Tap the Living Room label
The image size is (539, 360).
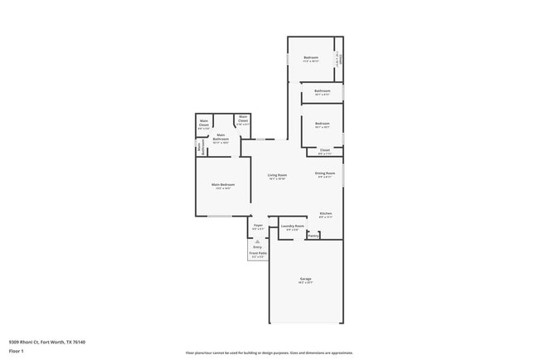pos(277,175)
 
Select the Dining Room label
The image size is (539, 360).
pos(324,173)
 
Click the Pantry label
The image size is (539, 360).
pos(313,236)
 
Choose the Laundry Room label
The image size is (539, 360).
pos(292,226)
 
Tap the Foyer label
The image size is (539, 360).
pos(258,225)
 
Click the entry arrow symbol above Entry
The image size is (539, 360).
pos(257,241)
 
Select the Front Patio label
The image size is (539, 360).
pos(258,254)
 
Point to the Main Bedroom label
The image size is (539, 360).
pos(222,184)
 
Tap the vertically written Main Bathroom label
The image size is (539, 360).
pos(200,147)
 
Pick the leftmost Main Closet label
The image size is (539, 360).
pos(203,124)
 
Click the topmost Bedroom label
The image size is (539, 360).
pos(310,57)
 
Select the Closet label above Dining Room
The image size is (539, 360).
pos(324,150)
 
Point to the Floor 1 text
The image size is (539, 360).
pos(17,351)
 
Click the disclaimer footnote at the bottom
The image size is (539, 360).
pos(269,352)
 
